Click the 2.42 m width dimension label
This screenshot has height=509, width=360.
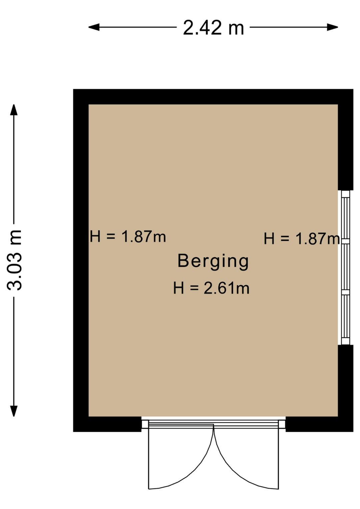(x=213, y=28)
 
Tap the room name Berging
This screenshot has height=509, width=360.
(x=213, y=261)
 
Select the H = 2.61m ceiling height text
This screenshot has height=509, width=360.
(x=211, y=288)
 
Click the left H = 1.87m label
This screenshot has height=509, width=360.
(x=128, y=237)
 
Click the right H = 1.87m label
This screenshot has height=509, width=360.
(x=301, y=239)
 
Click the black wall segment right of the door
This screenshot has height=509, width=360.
(x=319, y=424)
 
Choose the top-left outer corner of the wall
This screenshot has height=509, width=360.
(x=74, y=90)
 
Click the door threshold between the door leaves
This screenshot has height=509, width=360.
(x=213, y=424)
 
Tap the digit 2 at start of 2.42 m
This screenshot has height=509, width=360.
(x=188, y=28)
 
